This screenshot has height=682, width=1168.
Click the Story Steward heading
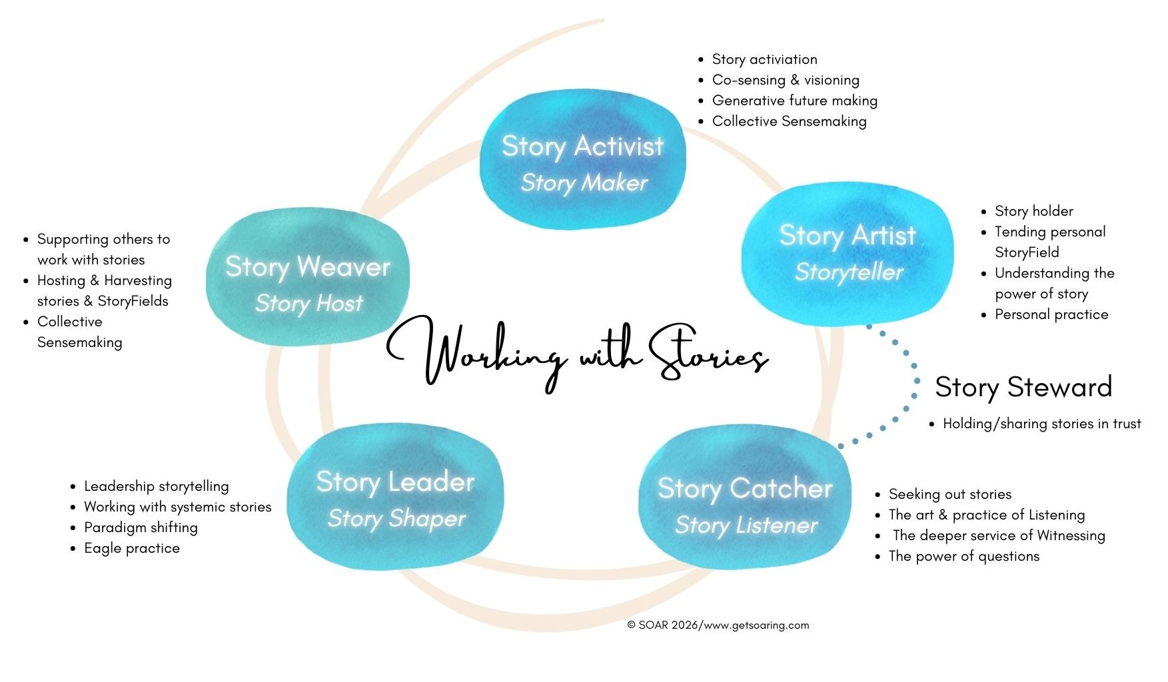(1023, 387)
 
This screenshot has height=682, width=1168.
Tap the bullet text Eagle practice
(132, 548)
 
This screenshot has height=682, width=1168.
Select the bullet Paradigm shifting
(141, 527)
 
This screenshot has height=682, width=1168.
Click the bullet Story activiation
(764, 59)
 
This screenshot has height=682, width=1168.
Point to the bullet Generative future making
(794, 101)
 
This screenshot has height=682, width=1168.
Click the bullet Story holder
(1033, 211)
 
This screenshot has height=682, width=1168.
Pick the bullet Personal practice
(1051, 314)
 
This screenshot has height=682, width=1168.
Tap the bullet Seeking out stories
(949, 494)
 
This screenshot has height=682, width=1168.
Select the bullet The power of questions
(963, 556)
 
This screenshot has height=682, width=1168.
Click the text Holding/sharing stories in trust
(1041, 424)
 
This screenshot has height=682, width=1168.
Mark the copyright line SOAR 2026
(718, 625)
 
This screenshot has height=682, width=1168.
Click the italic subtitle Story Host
(308, 304)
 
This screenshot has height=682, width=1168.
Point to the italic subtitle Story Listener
(746, 525)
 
